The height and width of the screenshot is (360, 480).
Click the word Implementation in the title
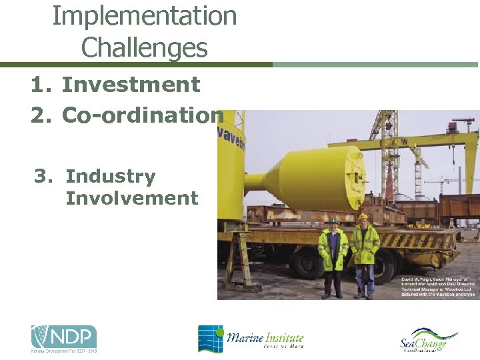pos(145,16)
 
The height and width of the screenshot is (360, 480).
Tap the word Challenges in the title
pos(145,47)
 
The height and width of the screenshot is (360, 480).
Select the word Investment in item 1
pos(131,85)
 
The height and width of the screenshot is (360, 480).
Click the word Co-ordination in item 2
pos(143,115)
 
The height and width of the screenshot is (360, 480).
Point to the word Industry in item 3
pos(111,177)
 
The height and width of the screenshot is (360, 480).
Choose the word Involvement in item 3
pos(132,198)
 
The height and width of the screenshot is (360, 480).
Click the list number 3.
pos(43,177)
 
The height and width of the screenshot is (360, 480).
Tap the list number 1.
pos(39,85)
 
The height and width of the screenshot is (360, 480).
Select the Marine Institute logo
pos(251,339)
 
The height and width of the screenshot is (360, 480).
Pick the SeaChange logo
pos(429,340)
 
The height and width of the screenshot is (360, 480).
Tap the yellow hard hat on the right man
pos(363,216)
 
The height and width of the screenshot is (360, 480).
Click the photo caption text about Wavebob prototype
pos(437,285)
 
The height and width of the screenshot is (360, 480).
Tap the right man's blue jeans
pos(364,279)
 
